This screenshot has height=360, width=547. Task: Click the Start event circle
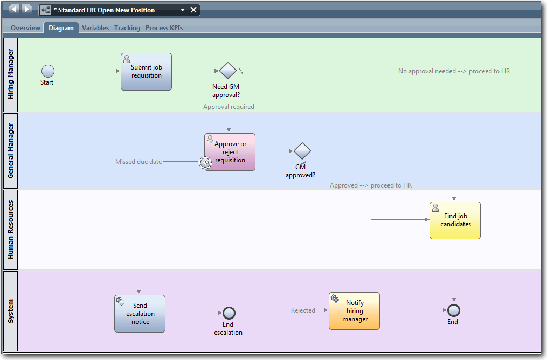pyautogui.click(x=48, y=71)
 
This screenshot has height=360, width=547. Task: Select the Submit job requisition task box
pyautogui.click(x=146, y=72)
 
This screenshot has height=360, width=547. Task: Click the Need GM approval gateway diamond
pyautogui.click(x=228, y=71)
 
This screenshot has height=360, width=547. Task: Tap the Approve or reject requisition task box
pyautogui.click(x=230, y=152)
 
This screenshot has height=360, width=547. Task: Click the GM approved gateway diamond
pyautogui.click(x=302, y=151)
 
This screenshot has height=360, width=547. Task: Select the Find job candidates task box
pyautogui.click(x=455, y=220)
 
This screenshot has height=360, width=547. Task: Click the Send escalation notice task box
pyautogui.click(x=140, y=313)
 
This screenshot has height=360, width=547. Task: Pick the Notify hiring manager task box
pyautogui.click(x=354, y=311)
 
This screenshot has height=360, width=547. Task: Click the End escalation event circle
pyautogui.click(x=229, y=313)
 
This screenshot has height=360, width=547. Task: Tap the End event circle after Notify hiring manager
pyautogui.click(x=454, y=310)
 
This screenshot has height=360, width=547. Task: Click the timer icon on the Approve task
pyautogui.click(x=205, y=162)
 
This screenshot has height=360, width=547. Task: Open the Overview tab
pyautogui.click(x=25, y=28)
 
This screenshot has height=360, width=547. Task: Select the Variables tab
pyautogui.click(x=95, y=28)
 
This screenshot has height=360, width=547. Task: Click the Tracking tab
pyautogui.click(x=127, y=28)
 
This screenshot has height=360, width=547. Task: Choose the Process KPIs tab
pyautogui.click(x=164, y=28)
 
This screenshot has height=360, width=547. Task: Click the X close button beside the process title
pyautogui.click(x=193, y=10)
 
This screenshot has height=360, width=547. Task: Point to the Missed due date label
pyautogui.click(x=139, y=161)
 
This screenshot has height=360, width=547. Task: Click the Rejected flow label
pyautogui.click(x=303, y=310)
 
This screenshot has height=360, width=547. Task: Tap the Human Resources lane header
pyautogui.click(x=10, y=230)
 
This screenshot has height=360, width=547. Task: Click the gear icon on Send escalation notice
pyautogui.click(x=120, y=301)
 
